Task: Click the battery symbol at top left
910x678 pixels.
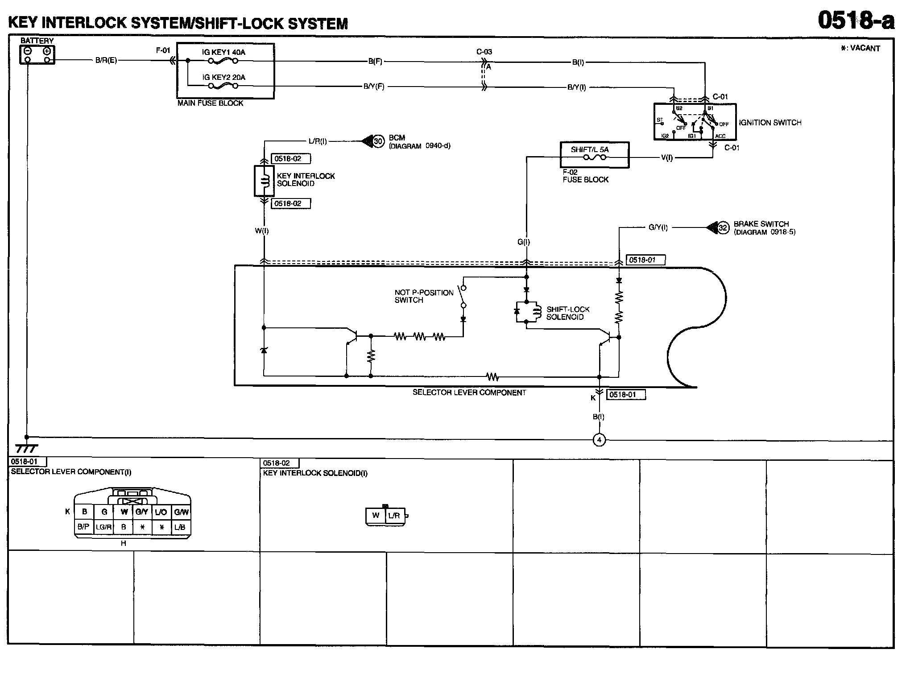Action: (x=37, y=55)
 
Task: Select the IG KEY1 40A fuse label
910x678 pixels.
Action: (x=223, y=52)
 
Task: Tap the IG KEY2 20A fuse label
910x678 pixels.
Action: (x=223, y=77)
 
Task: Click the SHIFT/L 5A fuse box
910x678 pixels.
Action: (x=594, y=155)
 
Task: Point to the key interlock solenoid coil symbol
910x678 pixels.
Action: (x=264, y=181)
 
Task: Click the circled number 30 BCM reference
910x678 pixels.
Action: (x=378, y=142)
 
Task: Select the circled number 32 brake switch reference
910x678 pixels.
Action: (x=723, y=228)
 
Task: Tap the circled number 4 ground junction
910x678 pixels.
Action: (x=599, y=440)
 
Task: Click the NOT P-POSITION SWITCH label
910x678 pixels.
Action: (x=424, y=296)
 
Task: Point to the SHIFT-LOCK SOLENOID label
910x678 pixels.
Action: (x=568, y=313)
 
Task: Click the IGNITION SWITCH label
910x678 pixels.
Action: (x=770, y=123)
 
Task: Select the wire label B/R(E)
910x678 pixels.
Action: (x=106, y=60)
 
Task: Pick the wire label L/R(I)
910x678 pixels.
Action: (x=318, y=141)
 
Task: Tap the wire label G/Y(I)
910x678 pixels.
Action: (x=658, y=227)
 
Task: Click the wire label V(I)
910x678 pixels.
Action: (x=666, y=157)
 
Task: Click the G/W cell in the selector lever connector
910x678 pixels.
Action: (x=181, y=512)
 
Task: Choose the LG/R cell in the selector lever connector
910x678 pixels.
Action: (x=103, y=527)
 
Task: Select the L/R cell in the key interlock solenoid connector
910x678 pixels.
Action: (x=394, y=516)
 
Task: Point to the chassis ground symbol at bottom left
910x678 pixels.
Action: (x=26, y=448)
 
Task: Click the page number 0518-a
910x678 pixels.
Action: (x=856, y=21)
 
